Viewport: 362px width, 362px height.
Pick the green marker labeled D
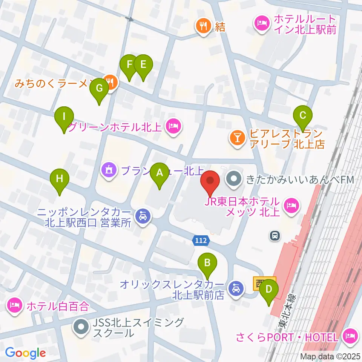click(269, 290)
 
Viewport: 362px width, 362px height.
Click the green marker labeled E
click(143, 65)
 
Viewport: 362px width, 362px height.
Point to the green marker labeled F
click(129, 65)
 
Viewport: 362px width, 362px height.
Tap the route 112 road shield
click(200, 240)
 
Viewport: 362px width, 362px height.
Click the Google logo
click(25, 353)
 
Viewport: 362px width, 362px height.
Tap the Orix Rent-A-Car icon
click(236, 289)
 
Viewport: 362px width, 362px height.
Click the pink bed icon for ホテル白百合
click(14, 305)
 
